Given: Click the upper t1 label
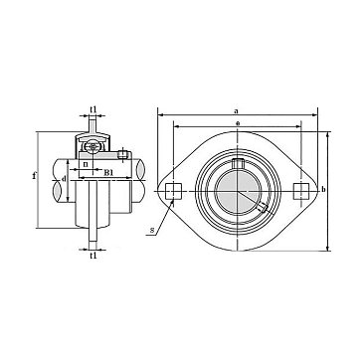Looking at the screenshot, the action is point(93,109).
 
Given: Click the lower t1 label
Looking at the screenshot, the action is point(93,256).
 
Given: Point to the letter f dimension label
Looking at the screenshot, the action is point(34,175).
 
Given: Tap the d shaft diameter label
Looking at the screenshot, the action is point(65,178).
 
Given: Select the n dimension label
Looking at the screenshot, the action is point(86,164).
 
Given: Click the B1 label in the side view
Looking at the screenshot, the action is point(108,172).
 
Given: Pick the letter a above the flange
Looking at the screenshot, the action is point(236,111).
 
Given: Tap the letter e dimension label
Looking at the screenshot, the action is point(238,123).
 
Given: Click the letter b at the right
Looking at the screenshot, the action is point(323,189).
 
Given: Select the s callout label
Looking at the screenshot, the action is point(151,230).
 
